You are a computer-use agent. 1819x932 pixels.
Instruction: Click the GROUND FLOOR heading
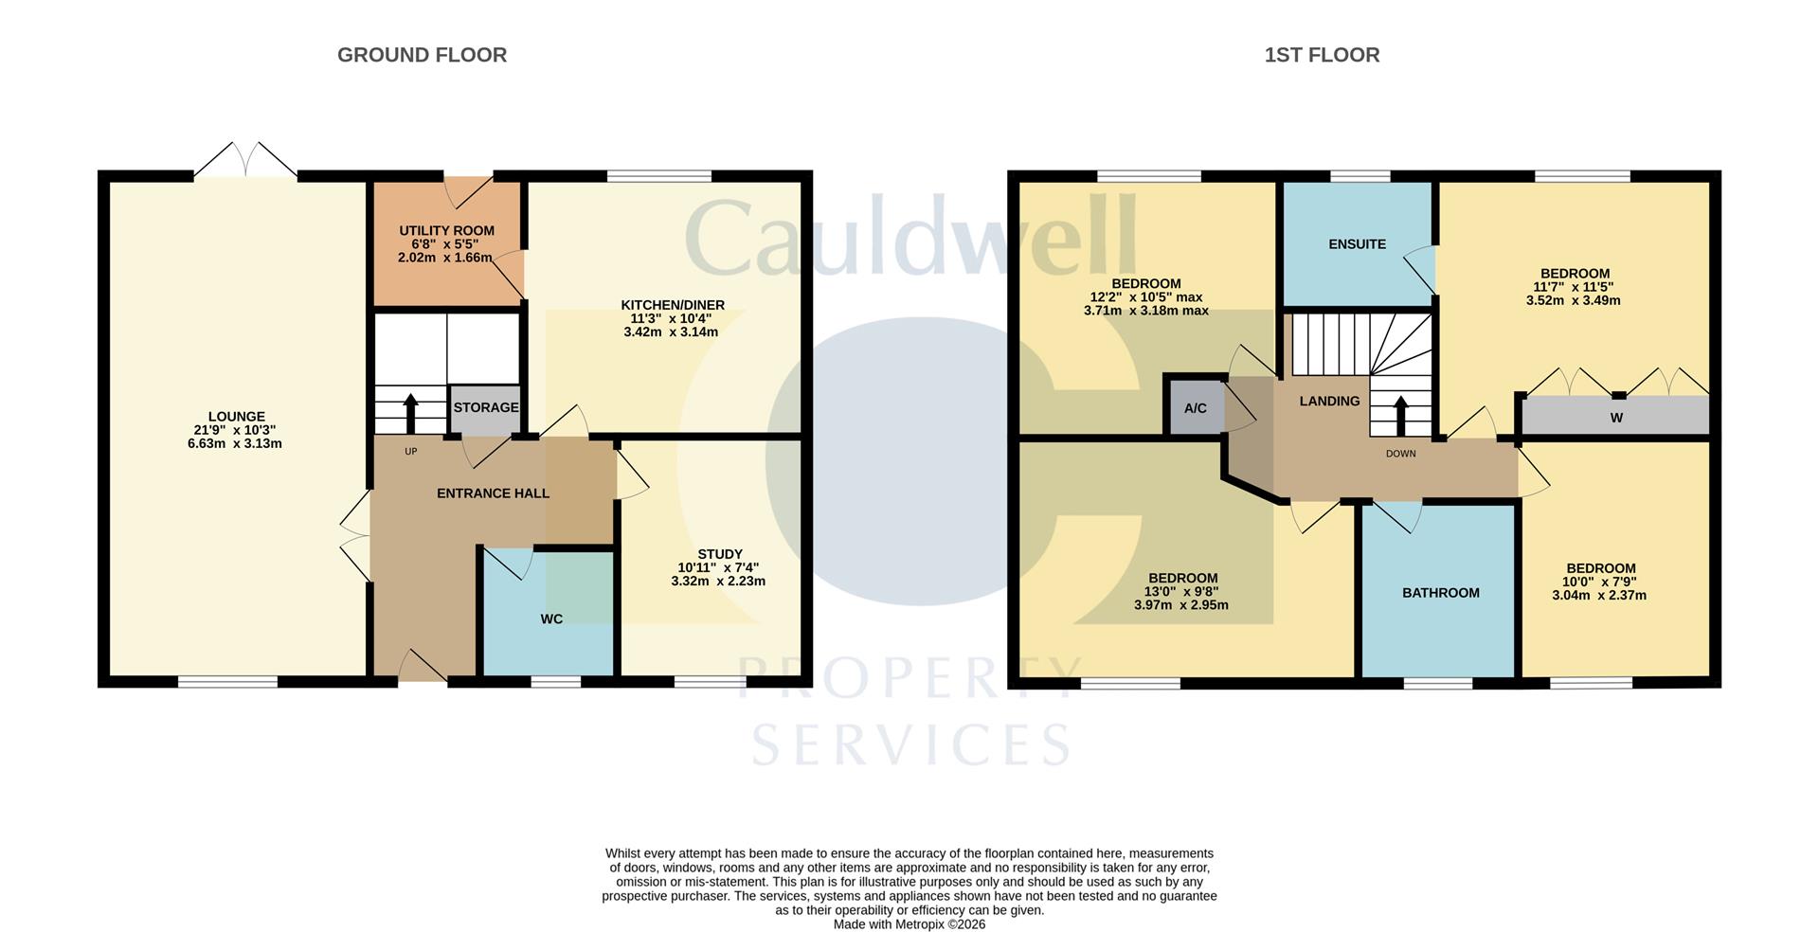coord(422,55)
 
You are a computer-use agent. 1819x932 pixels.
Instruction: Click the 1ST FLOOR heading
coord(1322,55)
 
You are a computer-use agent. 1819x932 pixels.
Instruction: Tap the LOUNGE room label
coord(236,417)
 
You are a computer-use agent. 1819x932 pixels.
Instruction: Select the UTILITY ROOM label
coord(446,231)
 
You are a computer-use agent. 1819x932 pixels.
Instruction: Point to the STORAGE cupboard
coord(485,408)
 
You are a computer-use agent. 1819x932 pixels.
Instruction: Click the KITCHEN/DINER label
coord(673,305)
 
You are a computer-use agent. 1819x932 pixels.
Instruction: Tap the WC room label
coord(551,619)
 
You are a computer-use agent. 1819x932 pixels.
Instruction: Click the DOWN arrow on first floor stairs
coord(1400,414)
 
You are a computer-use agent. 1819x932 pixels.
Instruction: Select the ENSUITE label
coord(1357,244)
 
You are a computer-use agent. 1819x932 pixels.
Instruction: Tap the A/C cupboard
coord(1195,408)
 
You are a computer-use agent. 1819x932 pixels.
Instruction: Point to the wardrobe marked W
coord(1616,417)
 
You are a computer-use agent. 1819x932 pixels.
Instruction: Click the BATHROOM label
coord(1440,593)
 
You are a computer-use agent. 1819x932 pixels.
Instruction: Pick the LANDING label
coord(1329,402)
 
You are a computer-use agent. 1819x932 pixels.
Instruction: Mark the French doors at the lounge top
coord(245,161)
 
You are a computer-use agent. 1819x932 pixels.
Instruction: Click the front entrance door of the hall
coord(423,667)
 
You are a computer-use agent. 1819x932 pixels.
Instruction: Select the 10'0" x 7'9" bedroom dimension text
coord(1600,582)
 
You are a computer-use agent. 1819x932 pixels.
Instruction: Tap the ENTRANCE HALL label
coord(493,493)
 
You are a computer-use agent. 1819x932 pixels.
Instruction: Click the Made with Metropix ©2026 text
coord(909,924)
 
